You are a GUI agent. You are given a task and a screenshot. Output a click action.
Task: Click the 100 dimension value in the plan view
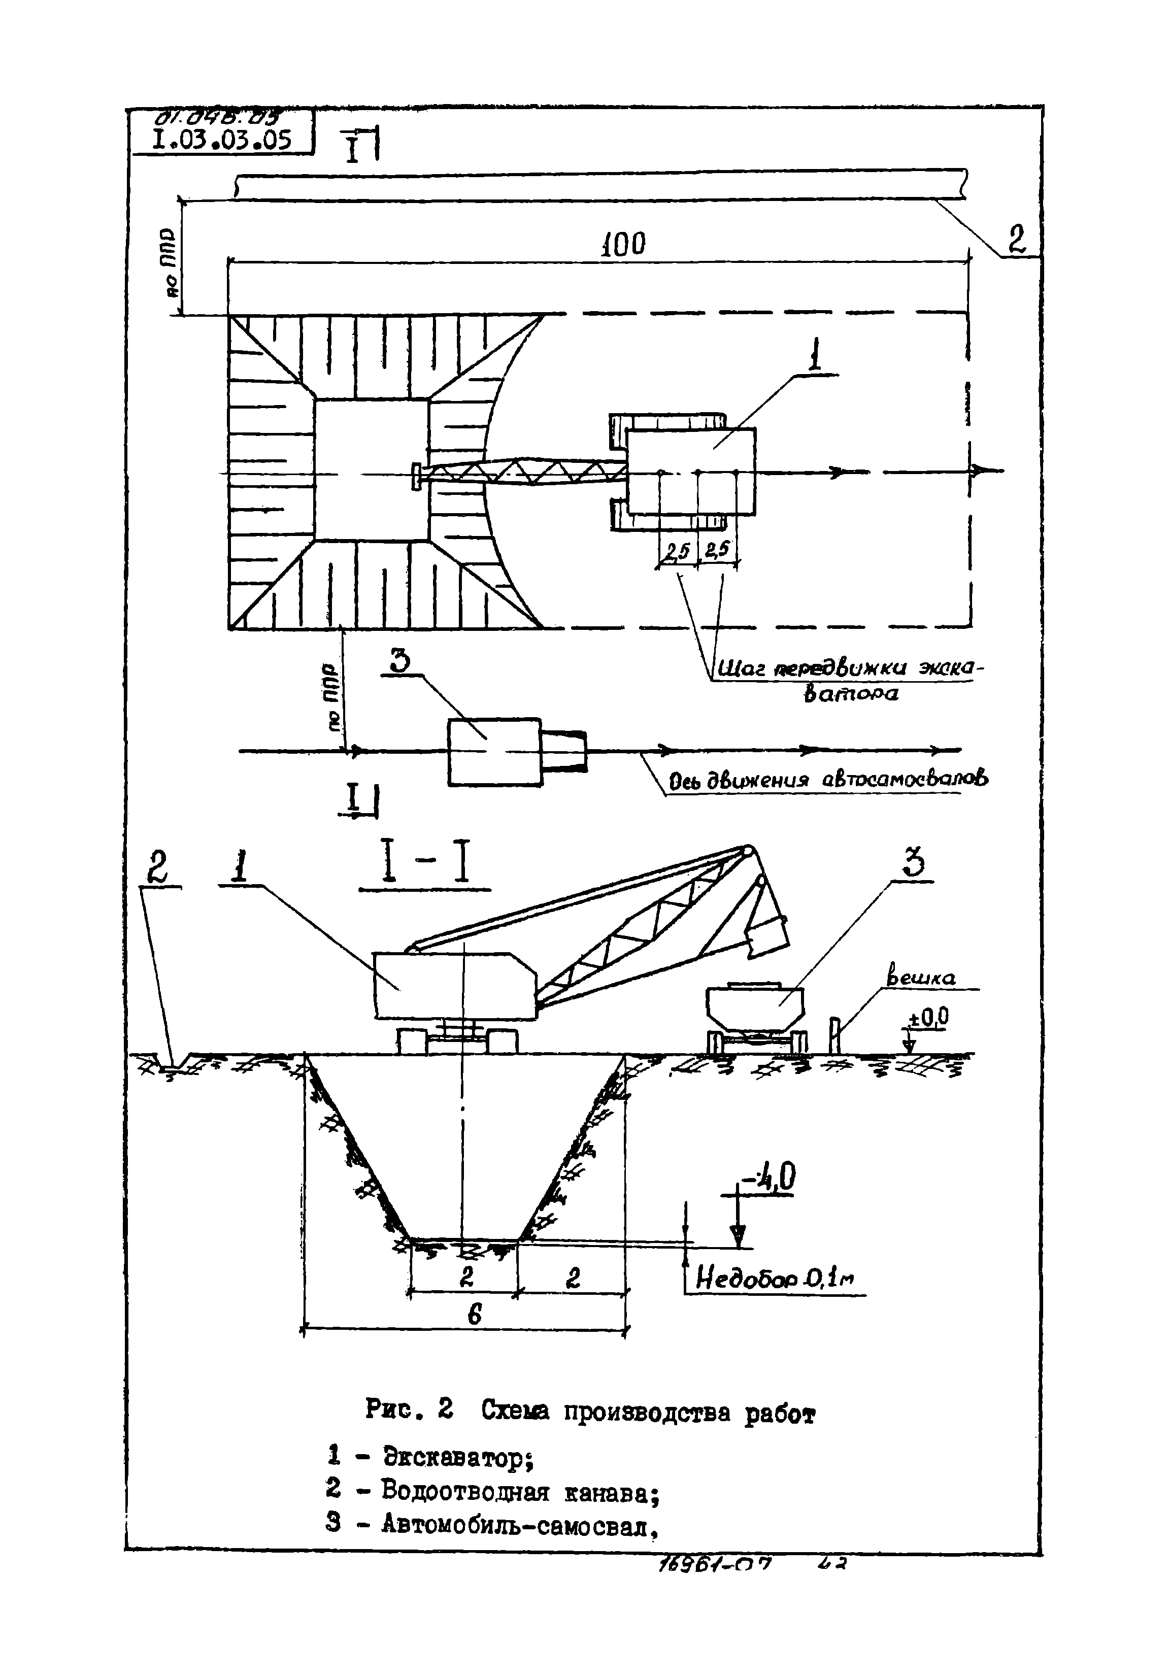[623, 244]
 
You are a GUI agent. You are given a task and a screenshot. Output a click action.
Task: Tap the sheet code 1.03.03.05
[222, 139]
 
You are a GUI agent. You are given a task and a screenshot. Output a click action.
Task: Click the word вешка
[920, 978]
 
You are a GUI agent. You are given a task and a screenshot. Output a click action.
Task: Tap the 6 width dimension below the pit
[474, 1316]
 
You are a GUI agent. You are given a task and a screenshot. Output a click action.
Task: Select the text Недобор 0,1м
[774, 1278]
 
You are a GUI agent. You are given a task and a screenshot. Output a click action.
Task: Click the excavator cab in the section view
[454, 984]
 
